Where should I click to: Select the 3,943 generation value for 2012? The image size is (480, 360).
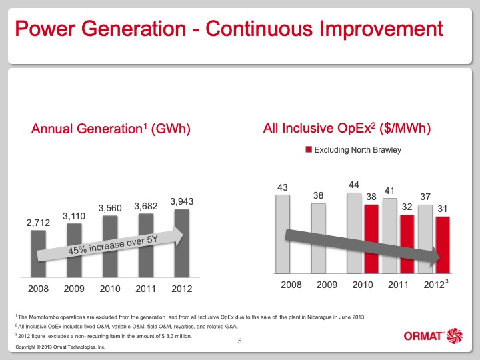pos(182,201)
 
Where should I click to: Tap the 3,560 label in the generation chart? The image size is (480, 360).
pos(109,208)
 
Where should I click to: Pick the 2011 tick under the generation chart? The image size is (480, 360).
pos(146,289)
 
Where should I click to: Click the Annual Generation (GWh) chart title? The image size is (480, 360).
pos(111,129)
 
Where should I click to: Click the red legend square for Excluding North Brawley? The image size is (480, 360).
pos(308,150)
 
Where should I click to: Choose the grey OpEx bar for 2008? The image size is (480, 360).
pos(283,233)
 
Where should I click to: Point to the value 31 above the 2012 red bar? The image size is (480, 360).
pos(443,209)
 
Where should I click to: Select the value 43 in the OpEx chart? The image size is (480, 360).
pos(283,187)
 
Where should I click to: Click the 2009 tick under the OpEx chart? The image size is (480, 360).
pos(327,285)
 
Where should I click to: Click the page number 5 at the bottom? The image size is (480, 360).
pos(240,341)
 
